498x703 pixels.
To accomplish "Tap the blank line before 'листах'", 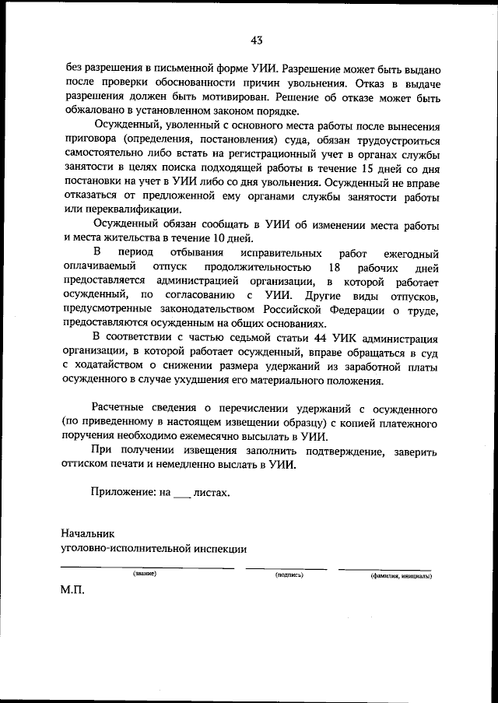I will pyautogui.click(x=181, y=494).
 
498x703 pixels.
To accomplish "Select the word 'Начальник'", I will pyautogui.click(x=88, y=534).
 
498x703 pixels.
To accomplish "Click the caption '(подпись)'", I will pyautogui.click(x=289, y=575).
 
